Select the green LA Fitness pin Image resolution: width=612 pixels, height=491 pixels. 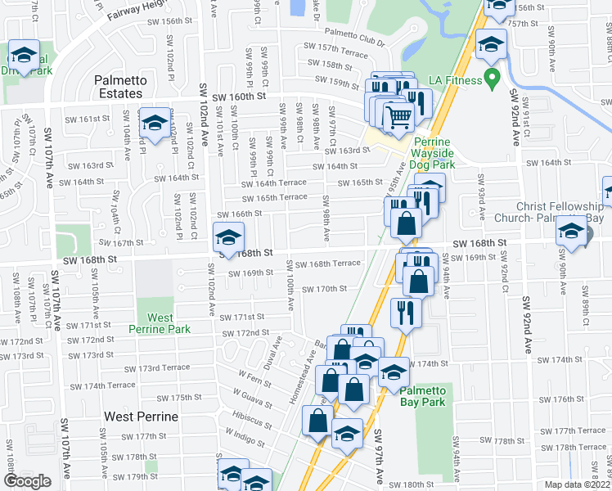(491, 80)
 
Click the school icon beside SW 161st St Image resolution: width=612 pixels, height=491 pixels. (153, 124)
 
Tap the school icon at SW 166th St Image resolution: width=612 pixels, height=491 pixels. (227, 239)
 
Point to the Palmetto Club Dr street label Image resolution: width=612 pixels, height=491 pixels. (353, 37)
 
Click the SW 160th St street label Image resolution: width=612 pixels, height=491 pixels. (240, 97)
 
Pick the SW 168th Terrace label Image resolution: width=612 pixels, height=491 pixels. (328, 264)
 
